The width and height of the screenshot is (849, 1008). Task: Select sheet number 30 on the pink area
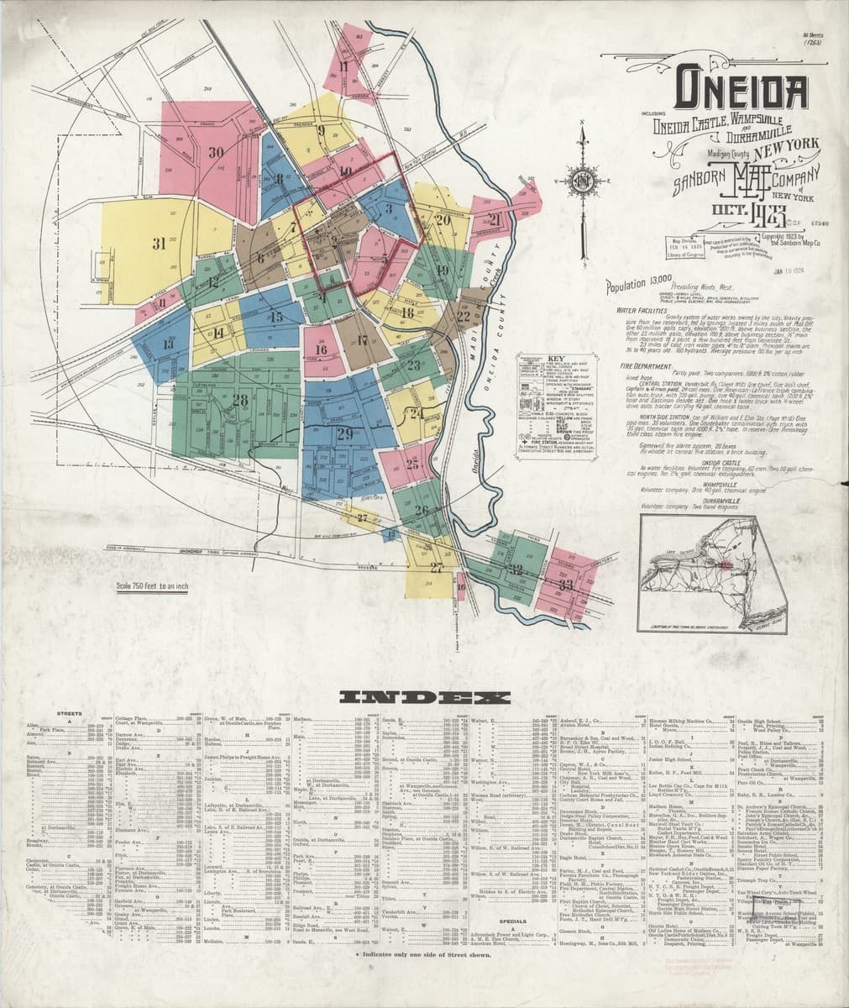(x=216, y=153)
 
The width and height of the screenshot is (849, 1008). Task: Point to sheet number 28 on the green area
(x=241, y=400)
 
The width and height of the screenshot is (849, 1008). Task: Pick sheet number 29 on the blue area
(x=344, y=433)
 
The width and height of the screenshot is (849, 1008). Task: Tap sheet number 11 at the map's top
(x=343, y=66)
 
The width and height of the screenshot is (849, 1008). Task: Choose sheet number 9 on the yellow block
(x=321, y=130)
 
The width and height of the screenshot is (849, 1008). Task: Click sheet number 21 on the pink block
(x=495, y=220)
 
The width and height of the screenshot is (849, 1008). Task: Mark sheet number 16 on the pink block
(x=320, y=350)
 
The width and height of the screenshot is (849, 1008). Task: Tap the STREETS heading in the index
(x=69, y=714)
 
